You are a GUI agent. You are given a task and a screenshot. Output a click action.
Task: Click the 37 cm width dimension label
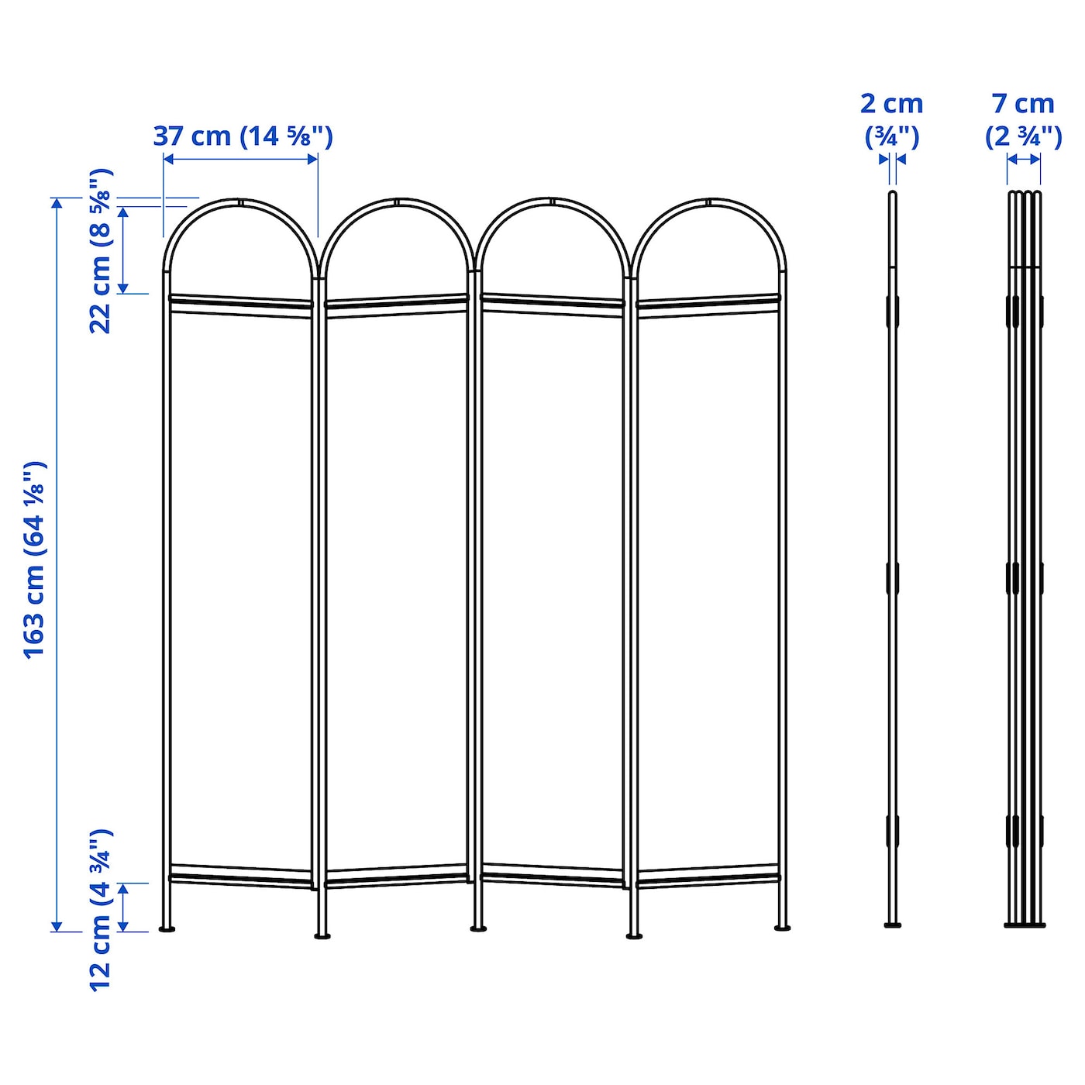[x=243, y=136]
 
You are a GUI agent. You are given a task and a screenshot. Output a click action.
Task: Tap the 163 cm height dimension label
[x=35, y=560]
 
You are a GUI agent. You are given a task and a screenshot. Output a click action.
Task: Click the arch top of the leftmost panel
[x=240, y=202]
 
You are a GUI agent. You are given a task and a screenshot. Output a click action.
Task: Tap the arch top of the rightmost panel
[x=708, y=202]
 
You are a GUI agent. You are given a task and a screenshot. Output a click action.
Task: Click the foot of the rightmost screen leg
[x=782, y=927]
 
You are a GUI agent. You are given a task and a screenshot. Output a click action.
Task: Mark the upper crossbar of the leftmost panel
[x=240, y=301]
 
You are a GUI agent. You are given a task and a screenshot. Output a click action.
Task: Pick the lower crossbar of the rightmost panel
[x=708, y=878]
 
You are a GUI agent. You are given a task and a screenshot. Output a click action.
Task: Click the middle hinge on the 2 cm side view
[x=893, y=578]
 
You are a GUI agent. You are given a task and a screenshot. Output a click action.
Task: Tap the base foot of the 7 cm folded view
[x=1025, y=924]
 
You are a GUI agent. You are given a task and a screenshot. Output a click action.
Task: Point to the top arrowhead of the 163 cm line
[x=57, y=203]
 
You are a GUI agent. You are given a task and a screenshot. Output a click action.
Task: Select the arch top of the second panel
[x=397, y=202]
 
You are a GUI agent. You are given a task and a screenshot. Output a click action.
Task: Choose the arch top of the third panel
[x=552, y=202]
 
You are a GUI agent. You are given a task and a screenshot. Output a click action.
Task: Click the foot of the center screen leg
[x=478, y=928]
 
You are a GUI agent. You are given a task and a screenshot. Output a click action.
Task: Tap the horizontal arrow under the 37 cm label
[x=240, y=159]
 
